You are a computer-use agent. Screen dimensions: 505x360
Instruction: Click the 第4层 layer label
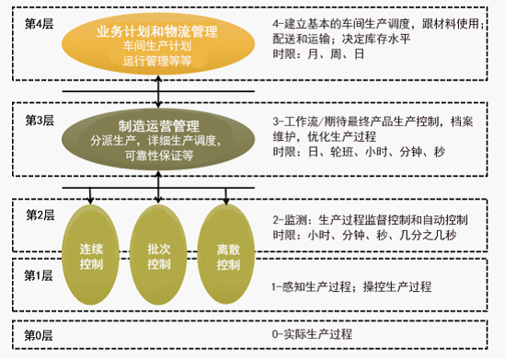[40, 24]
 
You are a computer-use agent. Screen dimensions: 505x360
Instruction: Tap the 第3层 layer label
[40, 121]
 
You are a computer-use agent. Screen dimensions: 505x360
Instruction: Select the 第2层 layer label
[40, 215]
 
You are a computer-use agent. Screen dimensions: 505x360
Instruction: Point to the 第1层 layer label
[39, 275]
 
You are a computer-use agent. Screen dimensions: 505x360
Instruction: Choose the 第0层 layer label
[39, 335]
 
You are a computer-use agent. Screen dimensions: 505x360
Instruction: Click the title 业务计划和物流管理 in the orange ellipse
[157, 31]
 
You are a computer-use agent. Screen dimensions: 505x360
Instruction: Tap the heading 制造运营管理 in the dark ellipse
[159, 126]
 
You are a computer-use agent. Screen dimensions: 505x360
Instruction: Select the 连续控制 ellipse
[90, 255]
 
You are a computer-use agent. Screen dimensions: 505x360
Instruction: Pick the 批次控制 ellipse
[158, 255]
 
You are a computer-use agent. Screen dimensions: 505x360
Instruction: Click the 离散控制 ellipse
[226, 255]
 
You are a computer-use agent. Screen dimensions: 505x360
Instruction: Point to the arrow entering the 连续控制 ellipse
[90, 195]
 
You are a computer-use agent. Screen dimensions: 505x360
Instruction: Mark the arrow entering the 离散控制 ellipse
[226, 195]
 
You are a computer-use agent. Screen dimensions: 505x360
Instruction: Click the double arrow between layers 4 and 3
[158, 91]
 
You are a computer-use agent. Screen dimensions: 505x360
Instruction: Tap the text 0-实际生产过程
[312, 334]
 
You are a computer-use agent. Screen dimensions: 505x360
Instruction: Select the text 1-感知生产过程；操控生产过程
[351, 286]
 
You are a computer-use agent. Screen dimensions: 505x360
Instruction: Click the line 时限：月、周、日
[318, 53]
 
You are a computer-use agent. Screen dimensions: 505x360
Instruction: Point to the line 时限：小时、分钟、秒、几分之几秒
[364, 235]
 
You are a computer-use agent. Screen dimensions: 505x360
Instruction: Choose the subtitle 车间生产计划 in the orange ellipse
[157, 46]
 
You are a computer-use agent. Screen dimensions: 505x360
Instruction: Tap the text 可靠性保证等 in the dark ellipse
[159, 156]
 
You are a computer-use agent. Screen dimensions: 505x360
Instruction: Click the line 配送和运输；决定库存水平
[341, 39]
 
